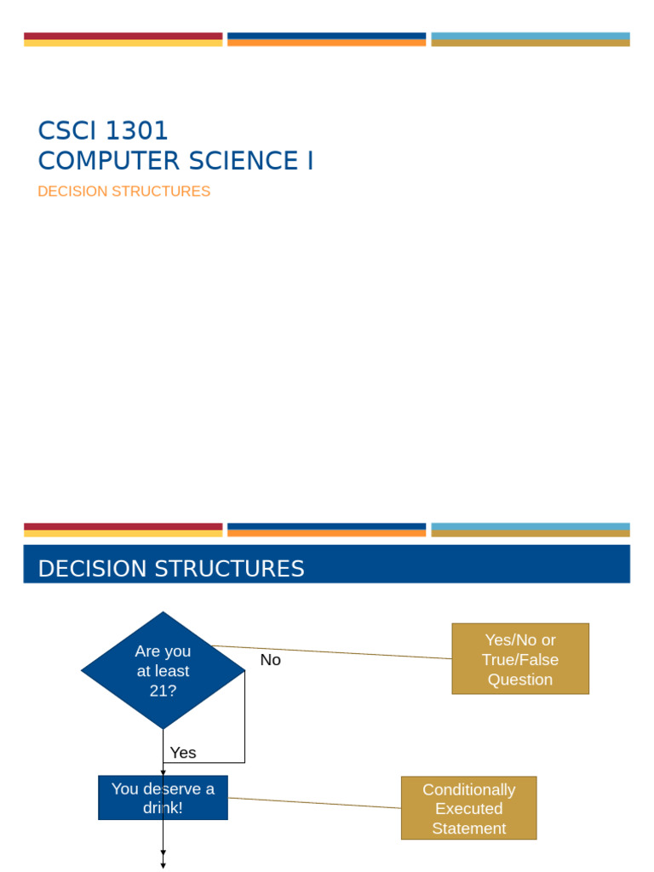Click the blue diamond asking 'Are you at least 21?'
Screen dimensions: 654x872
coord(163,670)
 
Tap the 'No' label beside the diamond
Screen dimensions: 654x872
coord(270,660)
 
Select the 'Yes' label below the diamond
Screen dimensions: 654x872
coord(183,753)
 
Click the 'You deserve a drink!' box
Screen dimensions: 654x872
coord(163,798)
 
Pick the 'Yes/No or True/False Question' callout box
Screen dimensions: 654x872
coord(519,659)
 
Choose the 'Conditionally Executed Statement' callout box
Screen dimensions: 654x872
coord(468,808)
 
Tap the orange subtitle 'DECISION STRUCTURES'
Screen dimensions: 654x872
coord(123,192)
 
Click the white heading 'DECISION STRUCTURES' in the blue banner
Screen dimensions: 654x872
coord(171,569)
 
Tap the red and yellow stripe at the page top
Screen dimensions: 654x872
coord(123,39)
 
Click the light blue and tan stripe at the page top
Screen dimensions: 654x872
coord(531,39)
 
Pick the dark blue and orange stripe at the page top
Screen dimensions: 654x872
coord(327,39)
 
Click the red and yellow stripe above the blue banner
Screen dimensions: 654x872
coord(123,530)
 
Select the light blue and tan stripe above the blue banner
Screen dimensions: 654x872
coord(531,530)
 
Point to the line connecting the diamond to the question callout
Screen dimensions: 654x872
coord(341,652)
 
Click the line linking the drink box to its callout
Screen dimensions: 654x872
coord(315,802)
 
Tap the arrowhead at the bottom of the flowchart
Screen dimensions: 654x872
coord(163,865)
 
